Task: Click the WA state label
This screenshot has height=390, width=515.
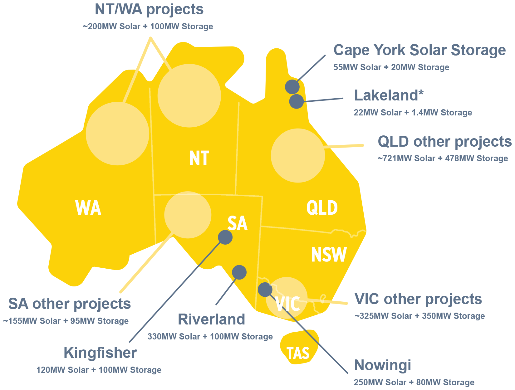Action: click(x=88, y=208)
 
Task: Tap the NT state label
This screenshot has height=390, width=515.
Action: click(x=199, y=158)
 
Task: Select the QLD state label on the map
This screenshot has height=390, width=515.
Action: click(x=322, y=208)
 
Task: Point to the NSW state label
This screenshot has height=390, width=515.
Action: click(x=329, y=255)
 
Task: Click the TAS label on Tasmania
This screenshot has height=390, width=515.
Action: click(x=298, y=353)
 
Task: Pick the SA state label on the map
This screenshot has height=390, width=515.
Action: click(x=238, y=223)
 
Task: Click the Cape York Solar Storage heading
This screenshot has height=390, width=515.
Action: click(x=419, y=50)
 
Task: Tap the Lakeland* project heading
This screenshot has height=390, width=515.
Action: click(x=389, y=95)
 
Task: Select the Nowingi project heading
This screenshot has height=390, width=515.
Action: click(x=382, y=365)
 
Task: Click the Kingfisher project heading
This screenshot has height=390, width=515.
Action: click(x=100, y=353)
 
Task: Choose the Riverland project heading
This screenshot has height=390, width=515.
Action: click(x=211, y=319)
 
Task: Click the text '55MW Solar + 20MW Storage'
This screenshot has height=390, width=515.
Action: click(x=391, y=67)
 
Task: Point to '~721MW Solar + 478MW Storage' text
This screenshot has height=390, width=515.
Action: click(x=443, y=158)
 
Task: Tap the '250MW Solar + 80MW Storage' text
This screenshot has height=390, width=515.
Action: click(x=414, y=382)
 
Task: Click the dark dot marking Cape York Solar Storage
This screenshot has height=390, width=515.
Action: click(x=292, y=86)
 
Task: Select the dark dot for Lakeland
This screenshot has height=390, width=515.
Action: click(x=296, y=101)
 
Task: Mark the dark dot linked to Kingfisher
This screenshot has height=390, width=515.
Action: click(x=225, y=237)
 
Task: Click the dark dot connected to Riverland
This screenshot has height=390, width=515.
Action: click(x=239, y=272)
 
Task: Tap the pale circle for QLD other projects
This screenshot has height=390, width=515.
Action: click(x=298, y=156)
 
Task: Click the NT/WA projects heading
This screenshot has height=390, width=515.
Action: click(x=149, y=10)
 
